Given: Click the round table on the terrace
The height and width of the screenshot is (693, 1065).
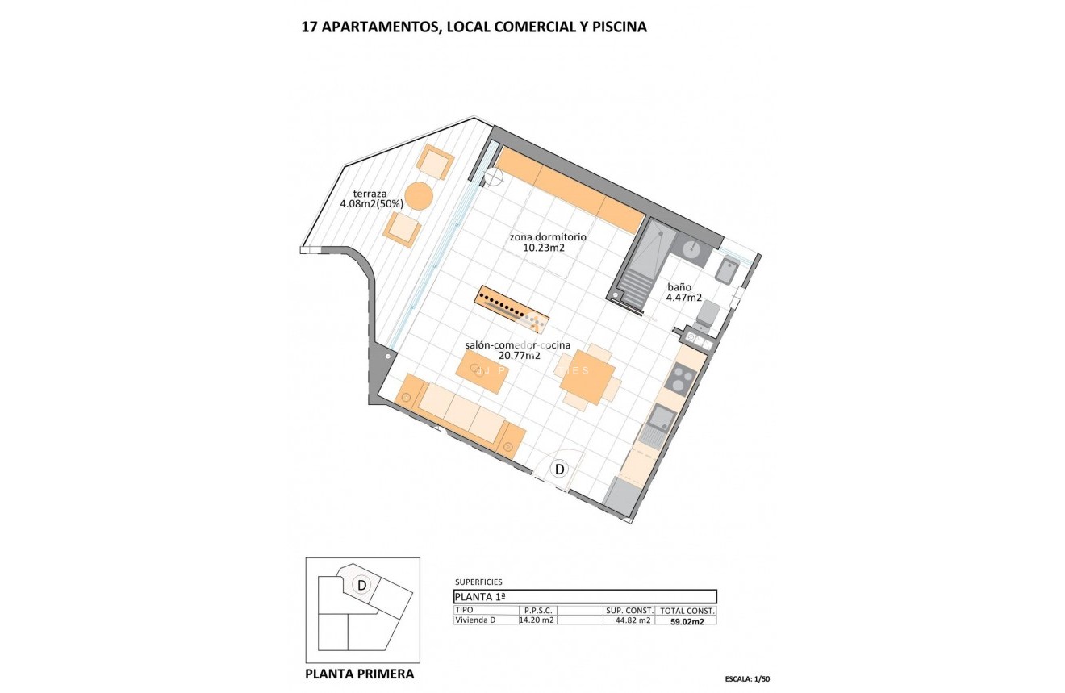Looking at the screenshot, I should coord(419,196).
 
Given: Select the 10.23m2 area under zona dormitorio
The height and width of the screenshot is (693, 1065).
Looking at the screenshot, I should coord(543,248).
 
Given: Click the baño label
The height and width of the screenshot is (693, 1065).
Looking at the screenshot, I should coord(679,286).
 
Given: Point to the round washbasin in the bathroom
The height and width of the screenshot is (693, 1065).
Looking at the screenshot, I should coord(691,248).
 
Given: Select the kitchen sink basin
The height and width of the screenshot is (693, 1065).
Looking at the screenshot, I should coord(663,416).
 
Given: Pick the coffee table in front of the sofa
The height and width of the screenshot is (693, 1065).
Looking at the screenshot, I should coord(482,372).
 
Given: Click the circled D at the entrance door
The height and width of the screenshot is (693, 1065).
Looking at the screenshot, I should coord(559,469).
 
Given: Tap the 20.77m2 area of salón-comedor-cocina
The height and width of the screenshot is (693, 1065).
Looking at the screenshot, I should coord(518,355).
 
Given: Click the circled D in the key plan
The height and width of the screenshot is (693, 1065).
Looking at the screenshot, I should coord(362,585).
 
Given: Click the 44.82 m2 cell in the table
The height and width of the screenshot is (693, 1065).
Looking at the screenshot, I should coord(633,620).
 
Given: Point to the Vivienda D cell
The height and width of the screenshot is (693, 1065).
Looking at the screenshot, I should coord(475,620).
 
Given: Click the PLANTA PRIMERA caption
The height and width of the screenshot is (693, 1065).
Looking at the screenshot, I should coord(360,674).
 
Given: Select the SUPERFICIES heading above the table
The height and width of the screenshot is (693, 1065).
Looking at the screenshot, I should coord(478,582).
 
